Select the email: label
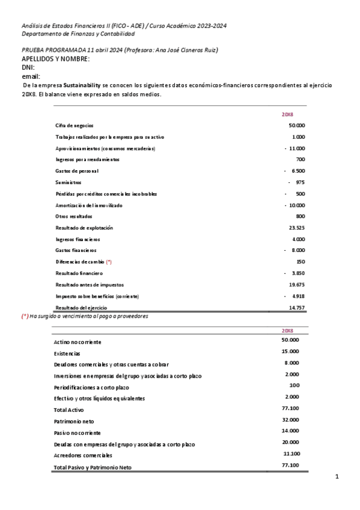[x=31, y=76]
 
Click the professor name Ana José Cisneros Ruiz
[x=187, y=50]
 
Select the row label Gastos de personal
[x=77, y=171]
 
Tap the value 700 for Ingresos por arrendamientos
[x=301, y=159]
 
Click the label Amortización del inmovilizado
[x=88, y=205]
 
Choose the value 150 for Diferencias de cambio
[x=301, y=262]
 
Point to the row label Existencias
[x=67, y=353]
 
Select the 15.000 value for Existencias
[x=290, y=351]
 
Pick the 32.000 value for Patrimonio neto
[x=290, y=419]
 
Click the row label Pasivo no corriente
[x=77, y=432]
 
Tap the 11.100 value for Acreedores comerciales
[x=291, y=453]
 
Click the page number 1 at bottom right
[x=337, y=477]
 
